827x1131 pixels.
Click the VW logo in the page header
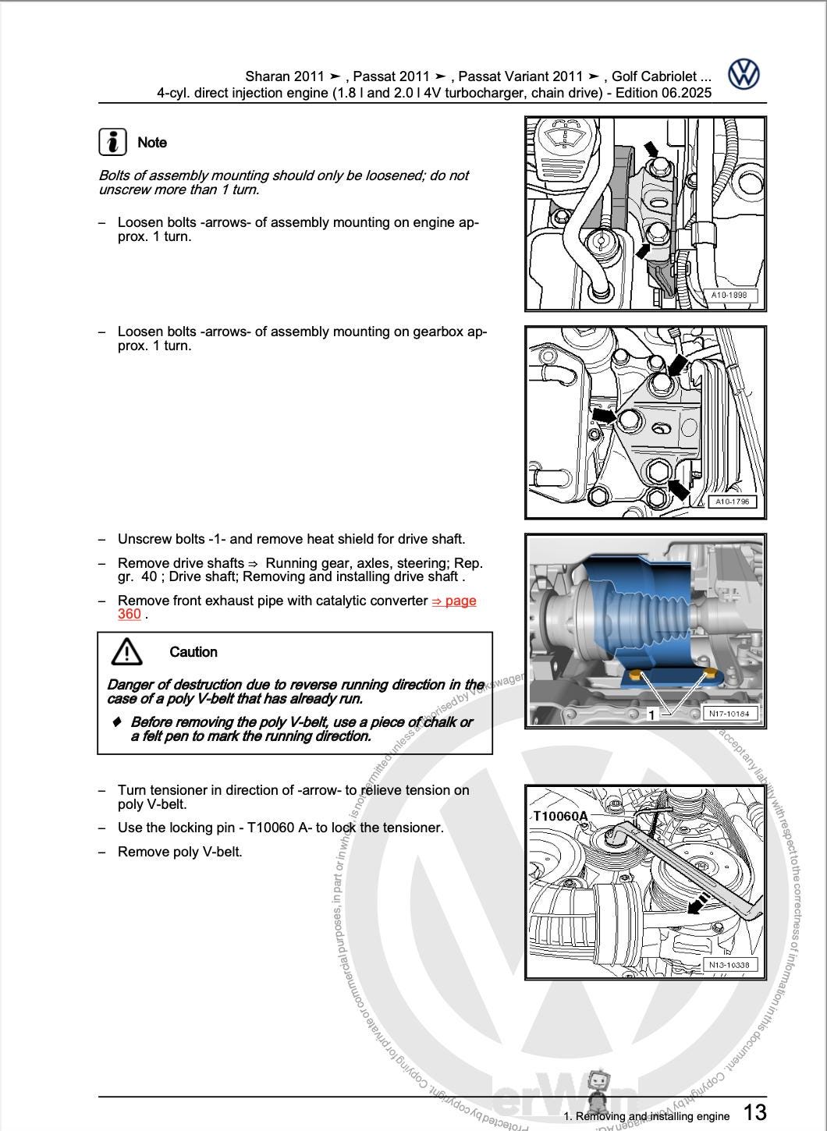tap(744, 75)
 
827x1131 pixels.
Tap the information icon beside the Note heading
tap(113, 142)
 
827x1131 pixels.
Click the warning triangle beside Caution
tap(126, 651)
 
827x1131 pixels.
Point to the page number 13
tap(754, 1112)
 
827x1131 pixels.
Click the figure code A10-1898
tap(729, 296)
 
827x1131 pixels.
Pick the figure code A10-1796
tap(732, 502)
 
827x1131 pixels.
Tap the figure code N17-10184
tap(729, 713)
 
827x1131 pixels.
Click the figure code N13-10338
tap(729, 965)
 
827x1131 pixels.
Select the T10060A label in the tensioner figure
tap(560, 816)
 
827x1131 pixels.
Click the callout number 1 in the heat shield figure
tap(651, 714)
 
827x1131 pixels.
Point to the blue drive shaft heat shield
tap(640, 616)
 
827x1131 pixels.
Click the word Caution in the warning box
tap(193, 652)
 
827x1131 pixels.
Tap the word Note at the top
tap(152, 143)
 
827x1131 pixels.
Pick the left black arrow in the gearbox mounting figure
tap(603, 415)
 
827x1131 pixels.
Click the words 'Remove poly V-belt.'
tap(180, 852)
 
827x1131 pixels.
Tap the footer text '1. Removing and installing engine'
tap(646, 1116)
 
